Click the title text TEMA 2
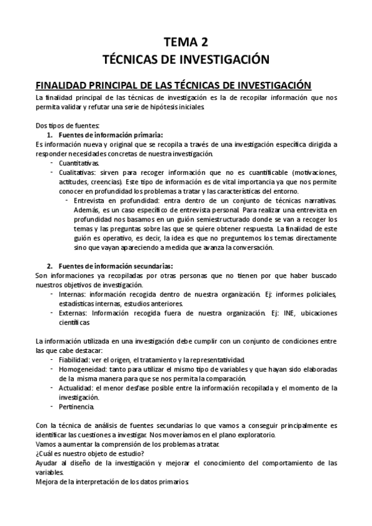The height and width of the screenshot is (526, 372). point(186,42)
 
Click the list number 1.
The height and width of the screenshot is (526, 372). point(50,135)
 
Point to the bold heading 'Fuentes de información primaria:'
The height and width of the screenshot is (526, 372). point(110,135)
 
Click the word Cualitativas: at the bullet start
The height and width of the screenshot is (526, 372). point(78,172)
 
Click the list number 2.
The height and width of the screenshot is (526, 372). point(50,266)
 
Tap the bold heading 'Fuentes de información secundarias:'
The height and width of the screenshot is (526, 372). point(115,266)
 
